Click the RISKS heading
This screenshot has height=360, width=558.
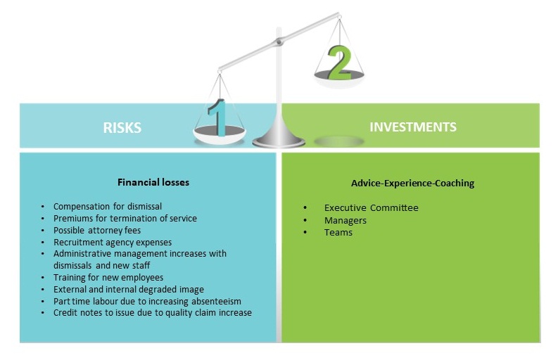click(122, 128)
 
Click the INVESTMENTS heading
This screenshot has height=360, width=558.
click(413, 127)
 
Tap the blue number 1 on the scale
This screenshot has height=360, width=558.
click(217, 117)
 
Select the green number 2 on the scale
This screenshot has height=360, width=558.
click(340, 63)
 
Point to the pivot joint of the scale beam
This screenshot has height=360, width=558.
click(279, 42)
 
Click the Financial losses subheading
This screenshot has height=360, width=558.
click(153, 183)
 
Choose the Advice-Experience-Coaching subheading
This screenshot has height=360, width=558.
click(413, 184)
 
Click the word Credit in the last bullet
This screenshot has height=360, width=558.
click(63, 313)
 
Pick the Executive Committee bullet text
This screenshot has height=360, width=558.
click(371, 207)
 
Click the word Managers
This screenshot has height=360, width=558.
click(345, 221)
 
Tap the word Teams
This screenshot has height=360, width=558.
click(338, 232)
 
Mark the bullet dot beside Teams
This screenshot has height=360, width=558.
click(305, 232)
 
